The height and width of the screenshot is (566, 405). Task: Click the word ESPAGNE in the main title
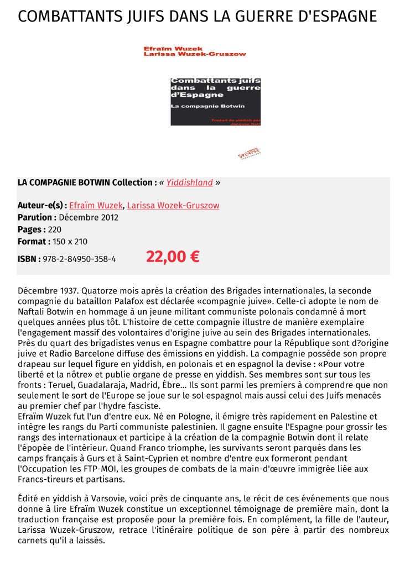[x=338, y=17]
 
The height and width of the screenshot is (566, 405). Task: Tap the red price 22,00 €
[x=173, y=257]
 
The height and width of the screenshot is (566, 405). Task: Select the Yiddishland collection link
[x=190, y=182]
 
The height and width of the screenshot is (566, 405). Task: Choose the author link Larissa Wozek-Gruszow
[x=173, y=205]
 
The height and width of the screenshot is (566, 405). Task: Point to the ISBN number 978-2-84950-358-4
[x=79, y=258]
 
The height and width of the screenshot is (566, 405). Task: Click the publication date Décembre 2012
[x=89, y=217]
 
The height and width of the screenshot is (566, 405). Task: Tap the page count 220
[x=55, y=229]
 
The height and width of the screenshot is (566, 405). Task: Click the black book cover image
[x=215, y=101]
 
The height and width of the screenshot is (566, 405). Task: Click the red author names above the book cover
[x=194, y=51]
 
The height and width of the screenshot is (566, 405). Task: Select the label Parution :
[x=37, y=217]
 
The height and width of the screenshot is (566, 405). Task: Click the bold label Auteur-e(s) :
[x=42, y=205]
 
